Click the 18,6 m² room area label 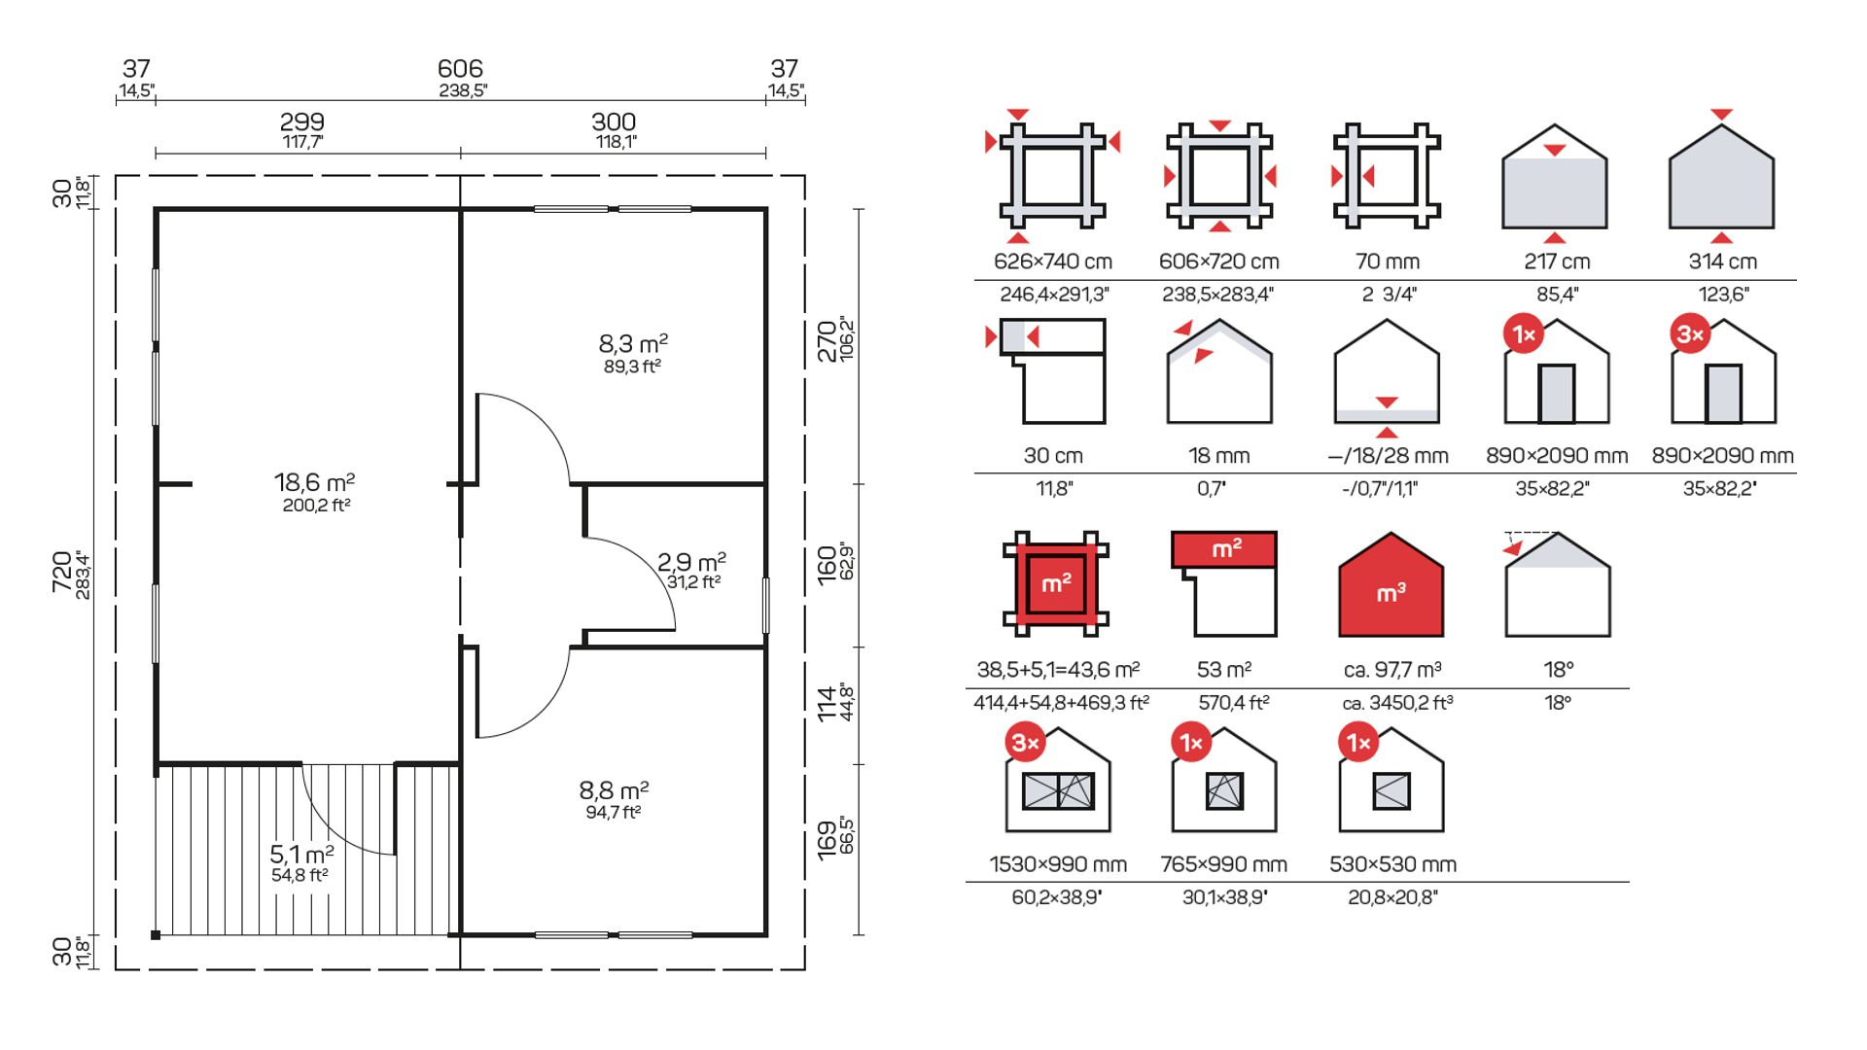(x=314, y=482)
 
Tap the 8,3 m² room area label (x=633, y=344)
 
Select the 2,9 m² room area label (x=691, y=562)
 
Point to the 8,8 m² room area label (x=614, y=790)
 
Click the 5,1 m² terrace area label (x=301, y=855)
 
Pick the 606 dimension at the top (x=460, y=69)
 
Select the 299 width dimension (x=301, y=122)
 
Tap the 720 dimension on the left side (x=62, y=574)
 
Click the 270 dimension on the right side (x=827, y=341)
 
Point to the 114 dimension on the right (x=827, y=704)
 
